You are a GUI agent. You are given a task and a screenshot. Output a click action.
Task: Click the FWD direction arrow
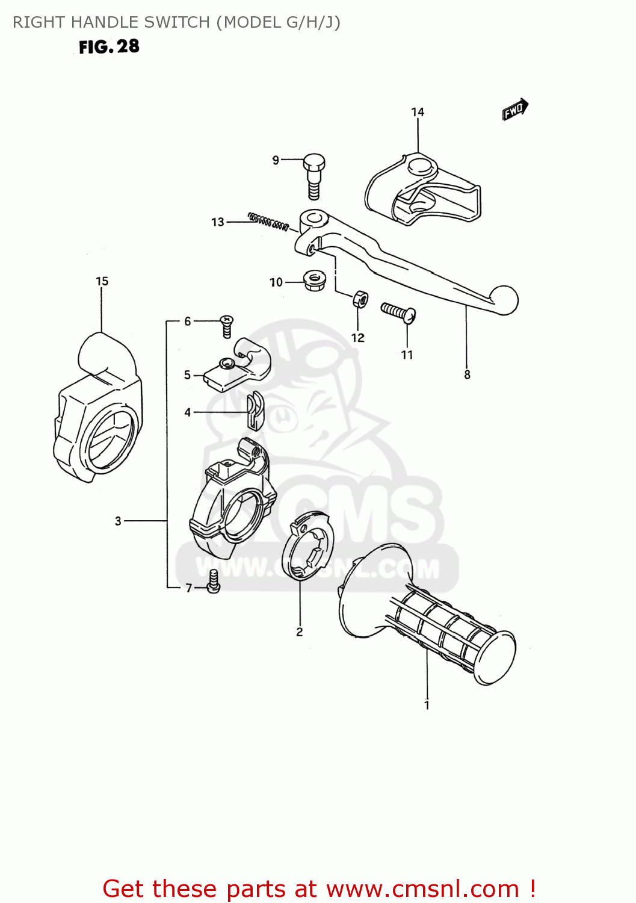[x=515, y=110]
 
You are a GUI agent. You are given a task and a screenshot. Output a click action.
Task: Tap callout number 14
[x=418, y=112]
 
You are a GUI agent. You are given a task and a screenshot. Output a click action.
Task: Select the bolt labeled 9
[x=313, y=174]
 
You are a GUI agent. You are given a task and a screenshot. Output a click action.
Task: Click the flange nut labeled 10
[x=313, y=281]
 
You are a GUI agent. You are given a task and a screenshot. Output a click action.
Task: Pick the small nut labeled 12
[x=360, y=298]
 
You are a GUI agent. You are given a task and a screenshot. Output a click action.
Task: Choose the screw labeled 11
[x=398, y=311]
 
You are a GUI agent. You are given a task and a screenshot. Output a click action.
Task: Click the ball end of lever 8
[x=504, y=300]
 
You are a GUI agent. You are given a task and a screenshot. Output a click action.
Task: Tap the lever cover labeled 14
[x=421, y=190]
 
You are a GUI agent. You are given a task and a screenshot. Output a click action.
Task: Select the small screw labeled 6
[x=226, y=326]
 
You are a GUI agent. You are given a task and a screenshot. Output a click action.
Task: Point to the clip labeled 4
[x=255, y=411]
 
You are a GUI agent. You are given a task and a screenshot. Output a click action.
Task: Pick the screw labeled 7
[x=213, y=582]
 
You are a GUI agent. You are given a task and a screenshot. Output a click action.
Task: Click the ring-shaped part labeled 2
[x=307, y=545]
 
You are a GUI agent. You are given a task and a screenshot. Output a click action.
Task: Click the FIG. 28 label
[x=109, y=47]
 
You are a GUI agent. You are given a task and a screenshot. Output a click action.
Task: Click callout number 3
[x=118, y=521]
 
